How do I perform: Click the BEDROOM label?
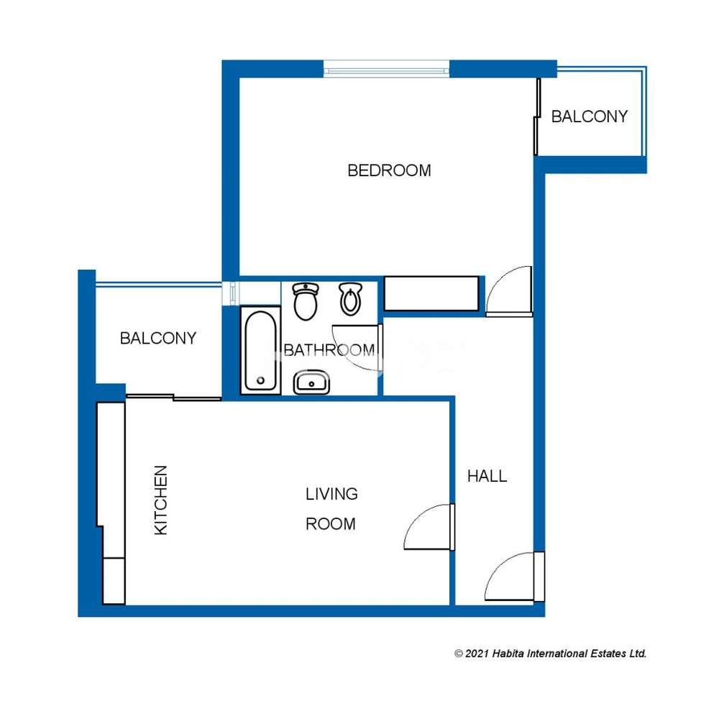tap(389, 170)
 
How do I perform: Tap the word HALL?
tap(487, 476)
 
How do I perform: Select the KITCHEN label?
tap(160, 500)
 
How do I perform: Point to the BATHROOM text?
tap(329, 350)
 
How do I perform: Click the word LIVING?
tap(331, 494)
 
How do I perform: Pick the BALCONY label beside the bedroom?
tap(590, 116)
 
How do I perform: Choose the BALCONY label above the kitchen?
tap(157, 339)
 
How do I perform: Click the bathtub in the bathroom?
tap(260, 350)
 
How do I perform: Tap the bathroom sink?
tap(311, 383)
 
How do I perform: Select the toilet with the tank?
tap(306, 301)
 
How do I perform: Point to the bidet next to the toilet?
tap(351, 299)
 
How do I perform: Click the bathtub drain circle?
tap(261, 380)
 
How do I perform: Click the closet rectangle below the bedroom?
tap(431, 293)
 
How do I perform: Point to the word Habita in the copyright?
tap(508, 654)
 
